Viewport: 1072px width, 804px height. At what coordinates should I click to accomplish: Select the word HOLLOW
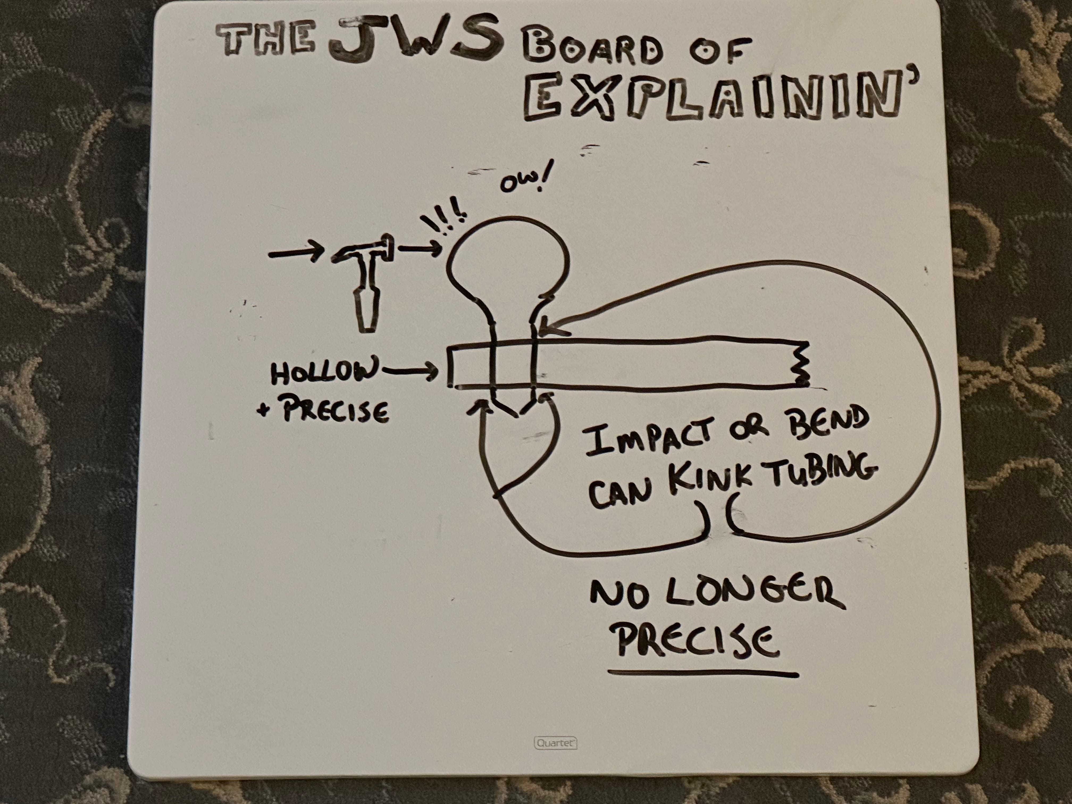click(322, 373)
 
